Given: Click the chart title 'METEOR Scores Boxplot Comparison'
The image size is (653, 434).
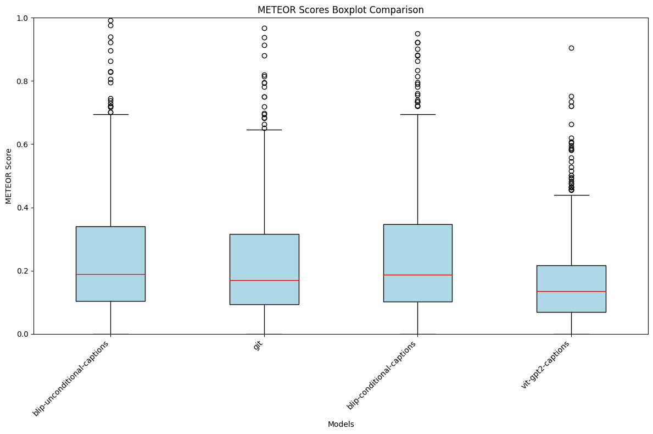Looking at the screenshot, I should (341, 10).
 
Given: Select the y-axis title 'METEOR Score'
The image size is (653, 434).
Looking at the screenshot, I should (9, 176).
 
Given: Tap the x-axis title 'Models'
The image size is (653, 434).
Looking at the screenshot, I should (341, 424).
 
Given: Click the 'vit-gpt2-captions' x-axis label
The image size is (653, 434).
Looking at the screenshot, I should (545, 365).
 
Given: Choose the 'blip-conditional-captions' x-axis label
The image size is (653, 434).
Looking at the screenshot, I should (382, 375).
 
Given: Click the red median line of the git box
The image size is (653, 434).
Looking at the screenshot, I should (264, 280).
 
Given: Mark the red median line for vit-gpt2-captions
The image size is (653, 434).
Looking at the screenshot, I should (571, 291).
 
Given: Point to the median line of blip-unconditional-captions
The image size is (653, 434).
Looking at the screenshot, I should (110, 274).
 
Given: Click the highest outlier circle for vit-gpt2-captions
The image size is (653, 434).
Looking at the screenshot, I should (571, 48).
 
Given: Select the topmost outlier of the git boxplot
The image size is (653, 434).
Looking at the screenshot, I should (264, 28).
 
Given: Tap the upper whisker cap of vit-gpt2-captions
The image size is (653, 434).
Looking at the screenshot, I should (571, 195).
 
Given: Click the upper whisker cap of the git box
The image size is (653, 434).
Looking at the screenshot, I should (264, 130).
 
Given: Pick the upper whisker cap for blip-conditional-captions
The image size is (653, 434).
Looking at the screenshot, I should (417, 114).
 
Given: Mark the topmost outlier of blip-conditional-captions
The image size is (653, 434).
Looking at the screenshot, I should (417, 34).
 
